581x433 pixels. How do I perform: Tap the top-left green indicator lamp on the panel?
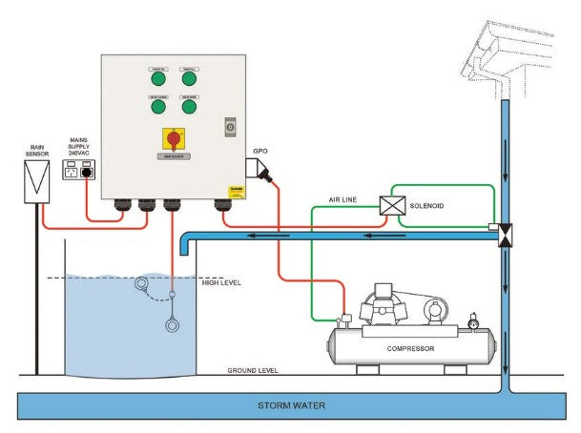pyautogui.click(x=157, y=80)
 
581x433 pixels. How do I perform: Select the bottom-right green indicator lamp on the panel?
pyautogui.click(x=190, y=106)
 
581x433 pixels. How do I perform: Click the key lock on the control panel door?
pyautogui.click(x=229, y=125)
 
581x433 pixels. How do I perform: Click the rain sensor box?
pyautogui.click(x=37, y=178)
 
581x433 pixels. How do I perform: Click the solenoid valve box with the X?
pyautogui.click(x=392, y=205)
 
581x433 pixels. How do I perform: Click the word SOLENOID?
pyautogui.click(x=427, y=205)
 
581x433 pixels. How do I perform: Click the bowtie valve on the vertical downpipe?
pyautogui.click(x=506, y=230)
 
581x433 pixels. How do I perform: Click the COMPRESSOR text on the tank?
pyautogui.click(x=410, y=348)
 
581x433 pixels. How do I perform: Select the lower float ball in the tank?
pyautogui.click(x=172, y=324)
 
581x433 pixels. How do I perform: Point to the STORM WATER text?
pyautogui.click(x=290, y=405)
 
